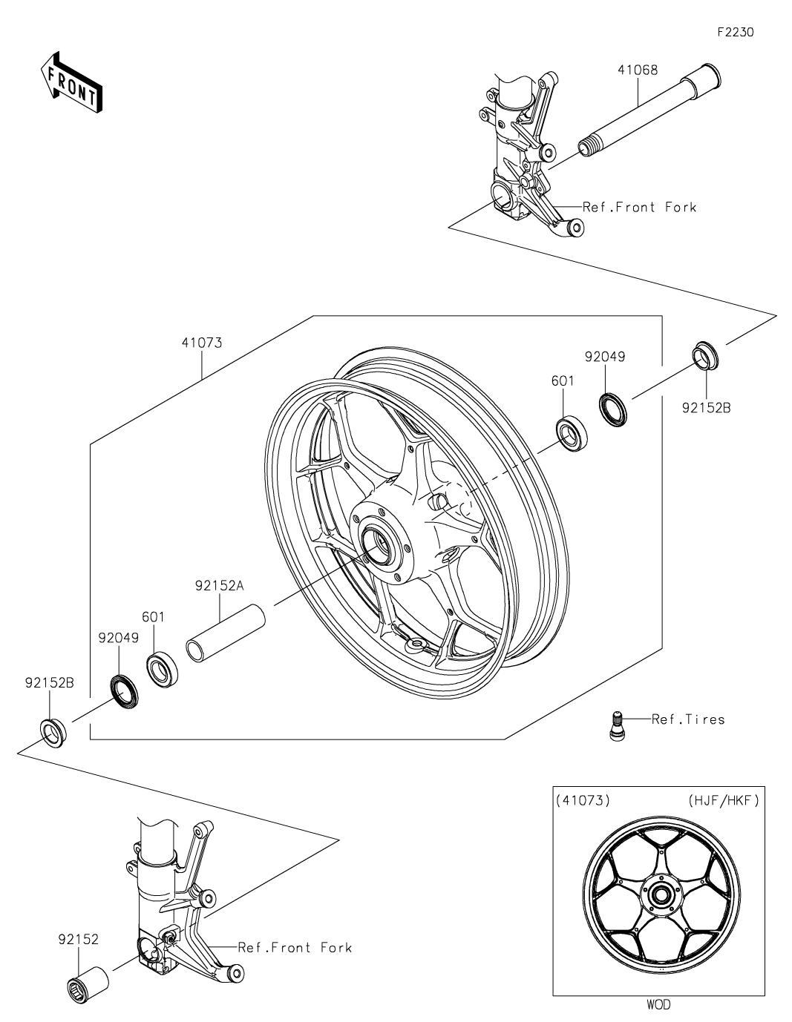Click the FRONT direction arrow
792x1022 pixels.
point(71,83)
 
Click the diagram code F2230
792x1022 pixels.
point(735,32)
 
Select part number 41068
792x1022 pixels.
point(638,70)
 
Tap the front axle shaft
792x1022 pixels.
point(649,110)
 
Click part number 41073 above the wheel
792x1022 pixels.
point(202,343)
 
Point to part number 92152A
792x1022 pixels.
point(219,586)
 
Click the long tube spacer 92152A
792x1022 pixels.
point(226,633)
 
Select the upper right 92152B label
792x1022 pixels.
point(707,408)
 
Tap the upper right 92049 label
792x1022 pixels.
point(605,357)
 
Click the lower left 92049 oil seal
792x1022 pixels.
point(125,691)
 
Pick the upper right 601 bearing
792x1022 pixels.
point(572,434)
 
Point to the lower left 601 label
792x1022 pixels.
point(154,616)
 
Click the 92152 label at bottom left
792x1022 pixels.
point(79,939)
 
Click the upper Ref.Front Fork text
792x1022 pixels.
point(640,207)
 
